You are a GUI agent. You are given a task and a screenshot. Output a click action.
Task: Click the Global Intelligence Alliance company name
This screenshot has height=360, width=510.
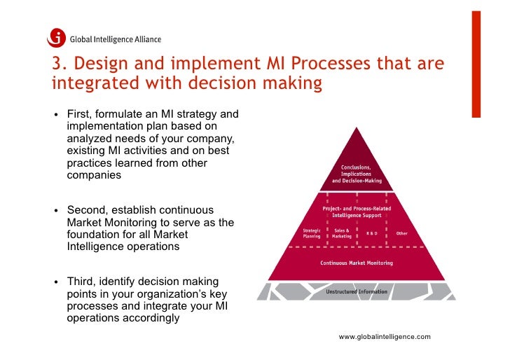[115, 39]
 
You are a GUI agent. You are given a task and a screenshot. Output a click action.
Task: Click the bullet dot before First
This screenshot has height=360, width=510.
[55, 115]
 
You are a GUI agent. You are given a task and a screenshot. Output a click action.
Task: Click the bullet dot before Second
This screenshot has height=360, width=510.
[55, 211]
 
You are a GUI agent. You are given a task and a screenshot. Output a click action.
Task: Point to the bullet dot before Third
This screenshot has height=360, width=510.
[55, 282]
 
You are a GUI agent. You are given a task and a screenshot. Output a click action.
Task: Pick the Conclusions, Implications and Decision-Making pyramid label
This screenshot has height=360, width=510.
[357, 174]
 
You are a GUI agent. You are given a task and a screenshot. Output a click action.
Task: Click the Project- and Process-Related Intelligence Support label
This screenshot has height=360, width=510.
[357, 212]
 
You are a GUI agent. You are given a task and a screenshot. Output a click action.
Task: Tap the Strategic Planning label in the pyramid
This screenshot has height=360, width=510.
[312, 233]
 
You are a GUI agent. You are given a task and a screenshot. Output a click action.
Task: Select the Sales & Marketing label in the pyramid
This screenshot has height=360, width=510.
[342, 233]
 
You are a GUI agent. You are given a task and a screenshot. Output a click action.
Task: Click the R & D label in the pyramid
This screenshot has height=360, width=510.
[372, 233]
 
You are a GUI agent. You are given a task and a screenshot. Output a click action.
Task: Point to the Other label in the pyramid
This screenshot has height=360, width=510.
[401, 233]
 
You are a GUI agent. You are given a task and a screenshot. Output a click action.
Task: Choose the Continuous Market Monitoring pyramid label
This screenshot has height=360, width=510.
[357, 263]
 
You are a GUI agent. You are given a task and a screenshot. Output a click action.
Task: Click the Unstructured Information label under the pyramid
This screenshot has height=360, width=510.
[357, 291]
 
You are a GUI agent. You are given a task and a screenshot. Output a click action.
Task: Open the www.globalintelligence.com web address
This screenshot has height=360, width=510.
[385, 337]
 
